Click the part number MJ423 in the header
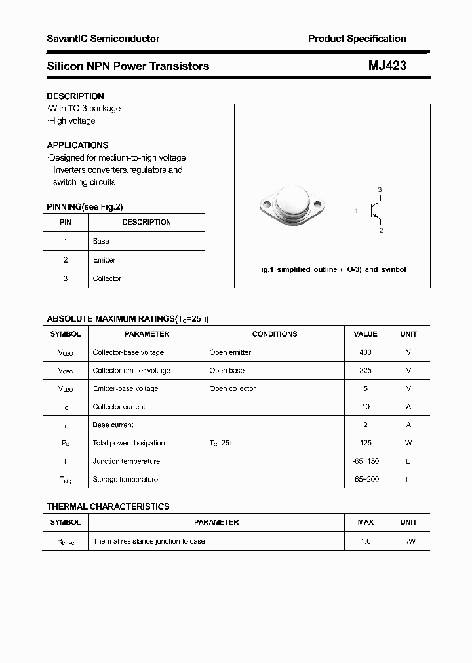coord(387,66)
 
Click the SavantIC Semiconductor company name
coord(103,39)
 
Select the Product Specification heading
coord(357,39)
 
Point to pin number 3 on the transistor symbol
coord(380,189)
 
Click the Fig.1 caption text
coord(331,269)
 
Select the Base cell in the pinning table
coord(101,241)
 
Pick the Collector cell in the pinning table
coord(107,278)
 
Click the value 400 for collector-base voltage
coord(365,352)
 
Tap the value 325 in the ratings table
coord(365,370)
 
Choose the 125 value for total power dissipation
coord(365,443)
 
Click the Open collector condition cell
coord(233,388)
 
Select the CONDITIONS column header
coord(275,334)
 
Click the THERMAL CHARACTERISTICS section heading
coord(108,506)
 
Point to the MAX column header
coord(365,522)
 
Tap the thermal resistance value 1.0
coord(365,541)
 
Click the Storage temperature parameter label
coord(125,480)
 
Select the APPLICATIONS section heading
coord(77,145)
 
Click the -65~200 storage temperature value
coord(365,480)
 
